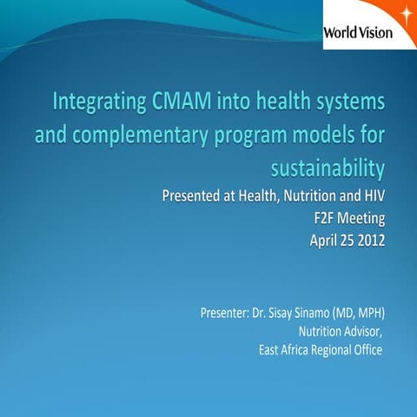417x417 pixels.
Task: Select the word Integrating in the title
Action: pyautogui.click(x=98, y=105)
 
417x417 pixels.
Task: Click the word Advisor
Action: pyautogui.click(x=361, y=331)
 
